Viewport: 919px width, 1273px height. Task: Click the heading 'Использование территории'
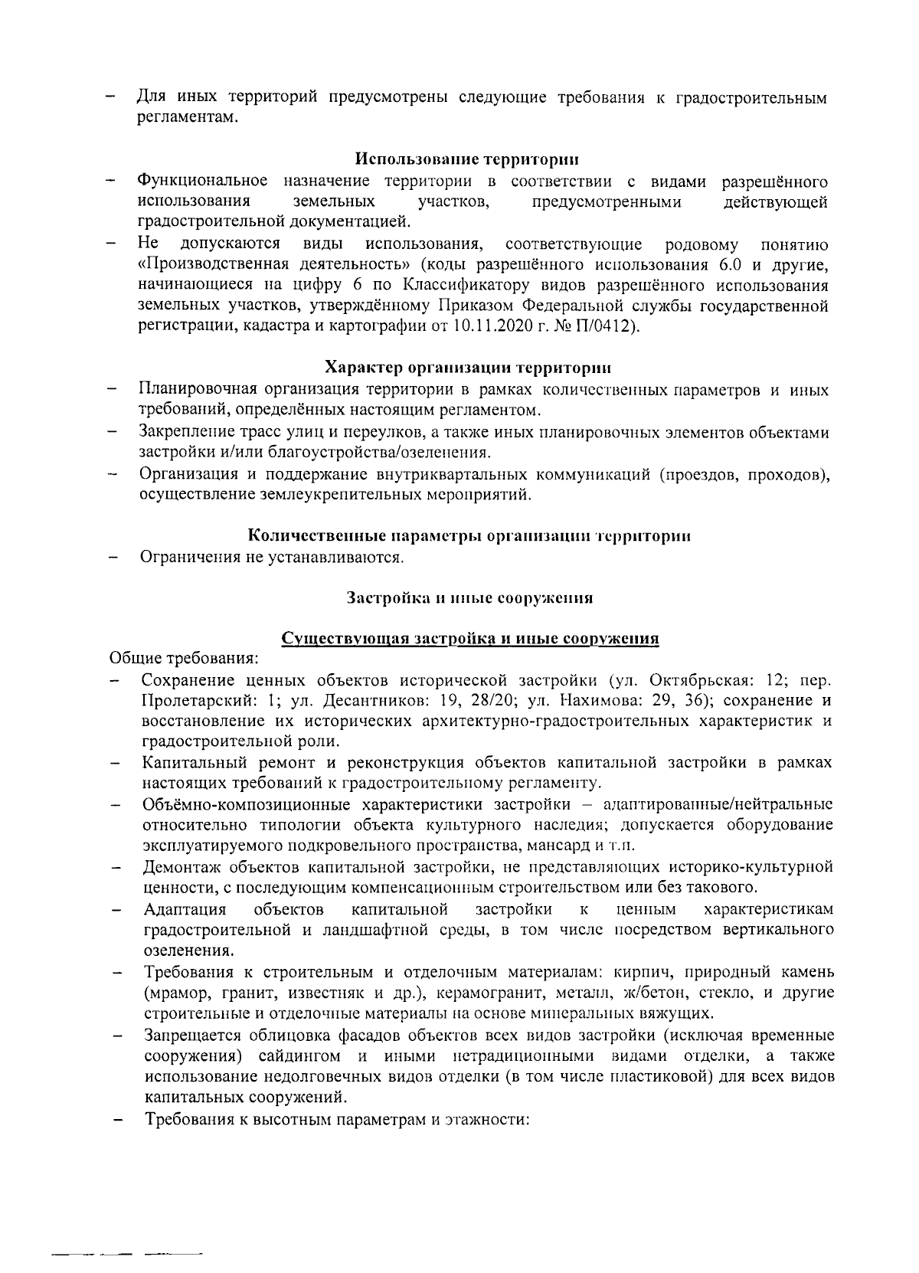466,159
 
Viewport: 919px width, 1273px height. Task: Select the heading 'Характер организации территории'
466,368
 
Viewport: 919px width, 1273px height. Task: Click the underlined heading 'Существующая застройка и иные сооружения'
470,638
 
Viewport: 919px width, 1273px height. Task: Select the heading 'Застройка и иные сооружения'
470,597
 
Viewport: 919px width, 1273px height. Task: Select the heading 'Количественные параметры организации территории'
470,535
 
